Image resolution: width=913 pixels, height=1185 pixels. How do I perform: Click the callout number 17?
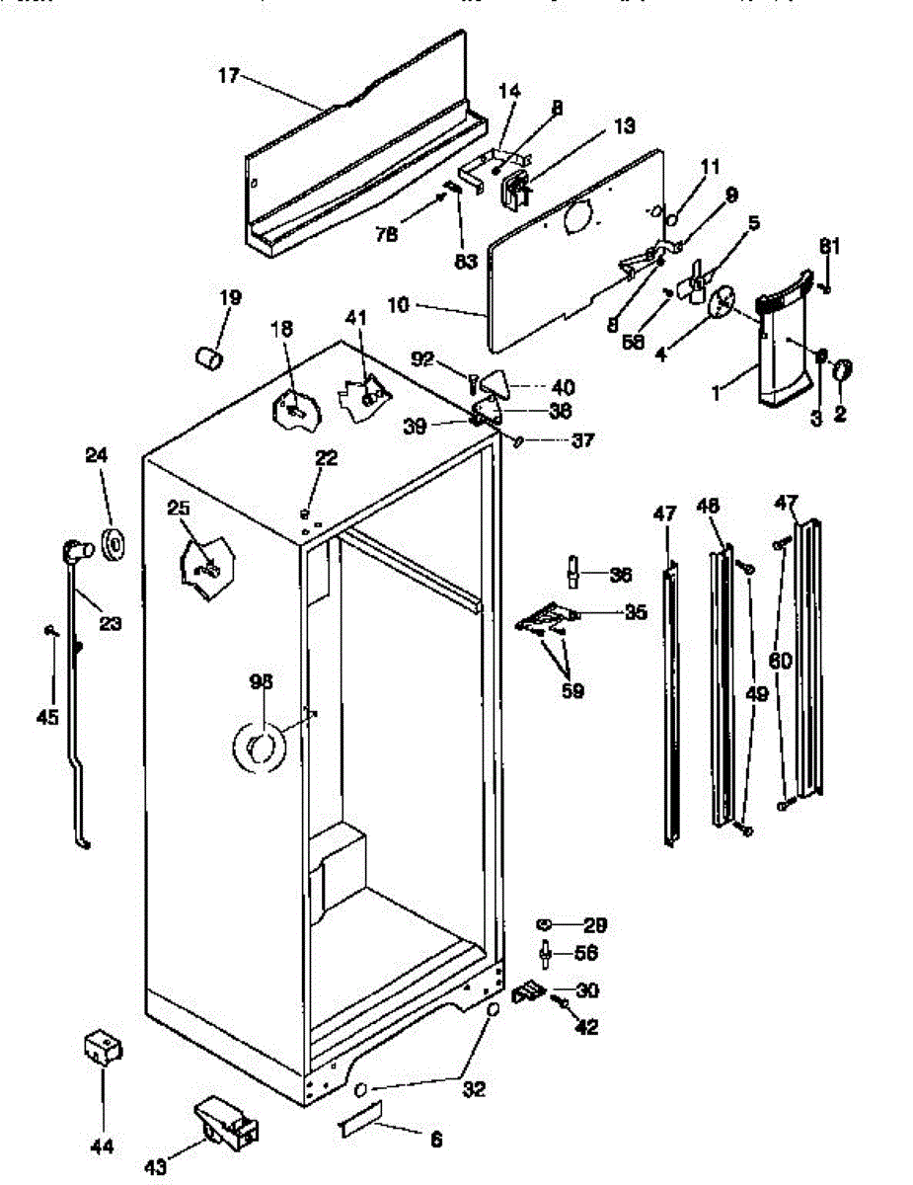tap(228, 75)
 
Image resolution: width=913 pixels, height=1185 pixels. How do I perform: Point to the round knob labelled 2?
tap(842, 372)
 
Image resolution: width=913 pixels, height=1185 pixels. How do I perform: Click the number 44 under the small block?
tap(102, 1146)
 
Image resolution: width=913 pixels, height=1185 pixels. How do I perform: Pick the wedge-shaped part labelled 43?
tap(226, 1123)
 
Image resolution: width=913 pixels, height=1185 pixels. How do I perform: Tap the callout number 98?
tap(261, 680)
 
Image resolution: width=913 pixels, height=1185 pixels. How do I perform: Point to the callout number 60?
tap(780, 662)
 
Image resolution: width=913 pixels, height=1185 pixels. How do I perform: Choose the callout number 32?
tap(475, 1090)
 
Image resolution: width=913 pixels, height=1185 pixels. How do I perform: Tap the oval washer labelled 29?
tap(544, 925)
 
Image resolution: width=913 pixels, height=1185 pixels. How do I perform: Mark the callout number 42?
tap(586, 1027)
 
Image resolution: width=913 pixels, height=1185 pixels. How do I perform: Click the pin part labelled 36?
tap(571, 573)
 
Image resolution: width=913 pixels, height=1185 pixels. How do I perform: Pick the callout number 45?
tap(47, 718)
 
